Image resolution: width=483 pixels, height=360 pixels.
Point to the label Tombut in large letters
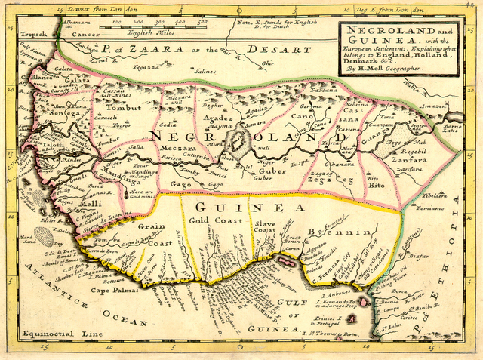click(119, 108)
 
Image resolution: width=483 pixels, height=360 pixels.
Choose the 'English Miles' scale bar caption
click(150, 32)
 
